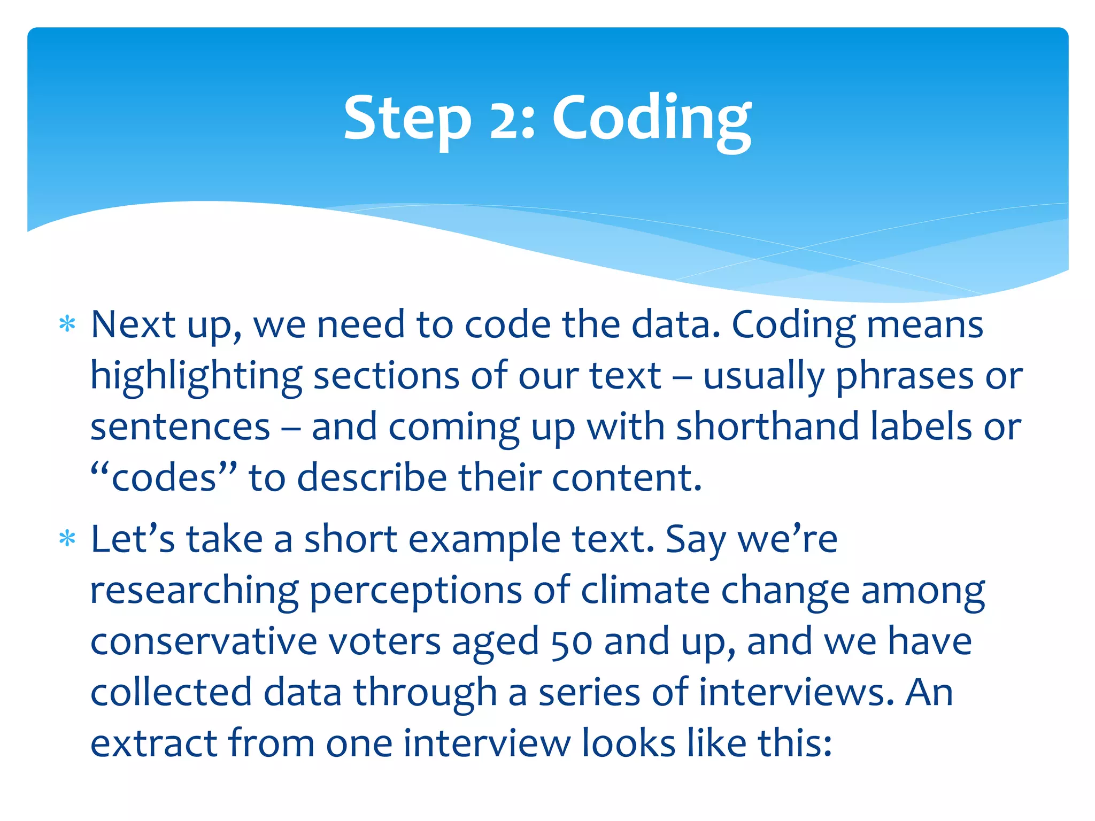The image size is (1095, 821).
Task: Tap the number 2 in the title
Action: point(505,119)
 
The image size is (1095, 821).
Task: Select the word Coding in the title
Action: point(651,119)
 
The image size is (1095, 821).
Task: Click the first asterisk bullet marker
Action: point(67,324)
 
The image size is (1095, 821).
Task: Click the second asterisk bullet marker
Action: point(67,539)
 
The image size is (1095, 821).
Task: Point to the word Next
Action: point(133,324)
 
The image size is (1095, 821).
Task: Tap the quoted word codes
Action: point(164,477)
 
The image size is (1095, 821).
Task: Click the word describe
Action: point(372,477)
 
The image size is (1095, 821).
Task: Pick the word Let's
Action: point(133,539)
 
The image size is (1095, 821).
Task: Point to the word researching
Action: point(194,591)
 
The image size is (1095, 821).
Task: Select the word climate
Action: point(645,590)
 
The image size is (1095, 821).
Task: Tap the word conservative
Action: point(204,641)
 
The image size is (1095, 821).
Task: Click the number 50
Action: point(571,641)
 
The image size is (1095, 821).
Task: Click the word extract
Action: point(153,743)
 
